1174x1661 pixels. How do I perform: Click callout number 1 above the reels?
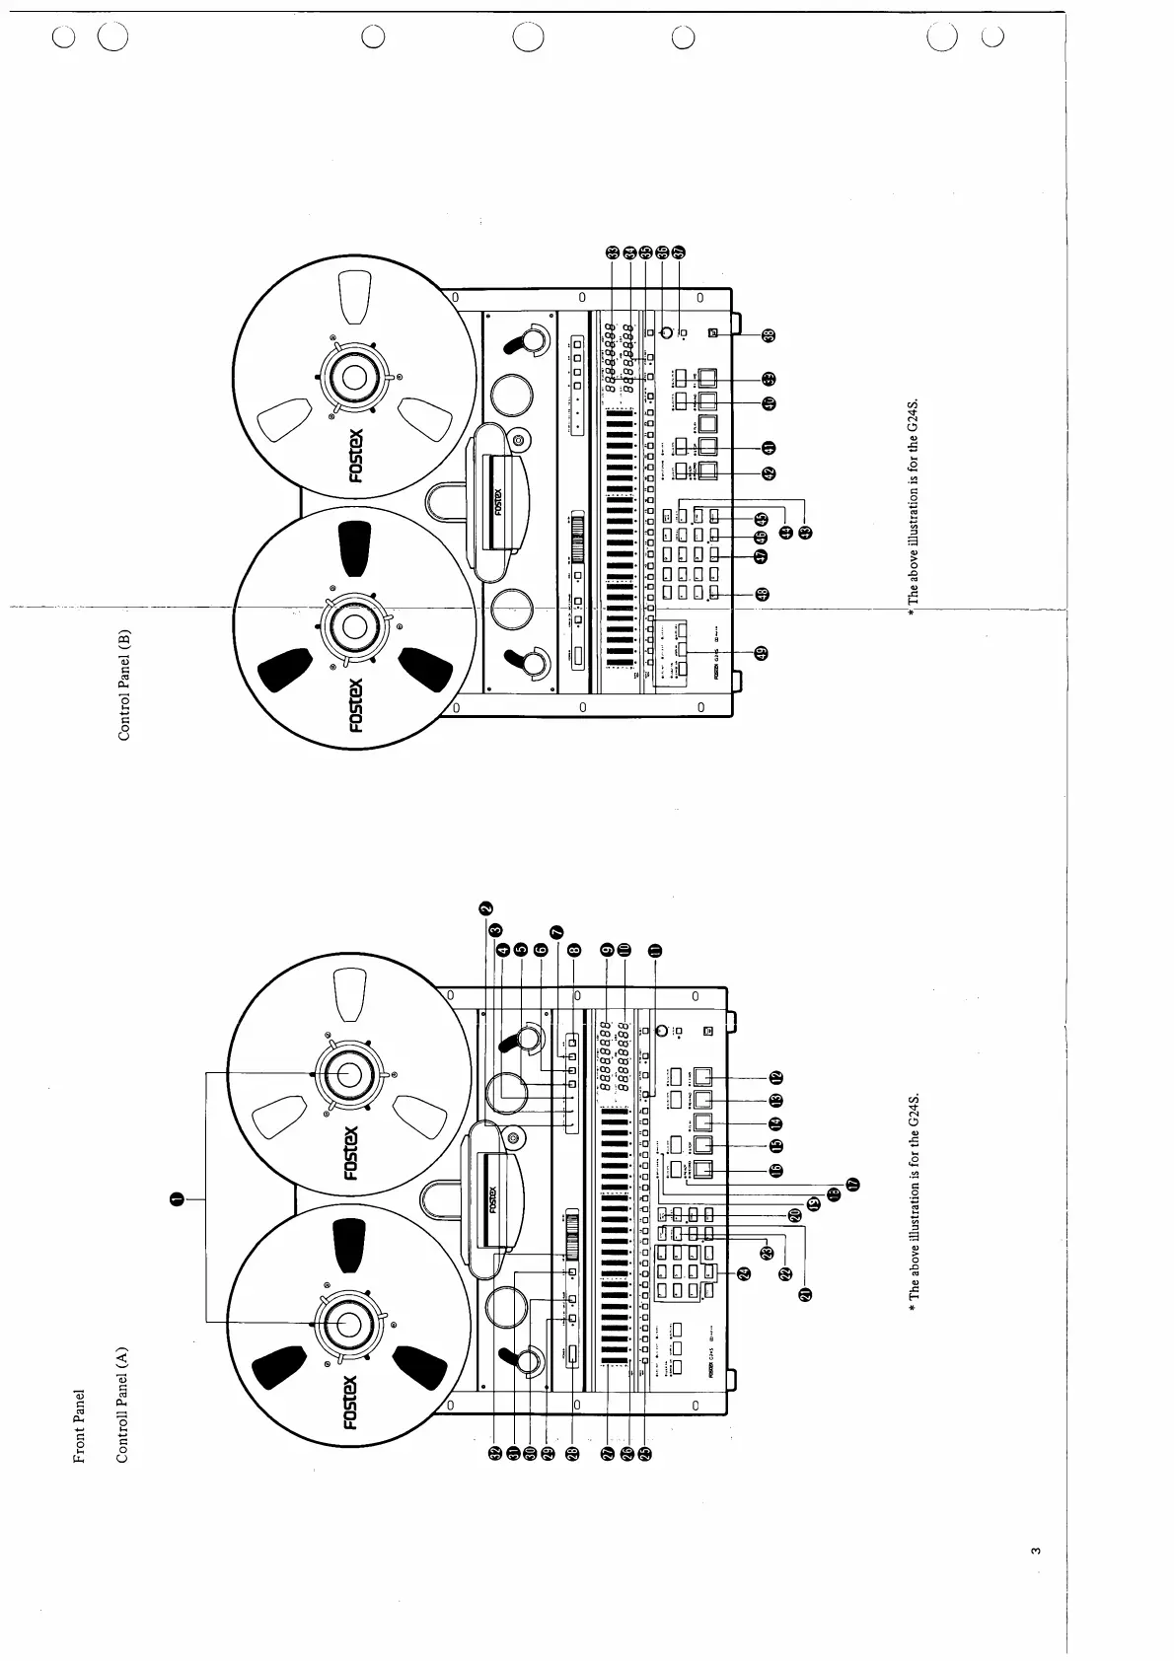177,1198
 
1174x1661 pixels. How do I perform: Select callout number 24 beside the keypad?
744,1272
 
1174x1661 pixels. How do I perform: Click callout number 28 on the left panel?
572,1452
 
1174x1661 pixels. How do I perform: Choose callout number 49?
761,652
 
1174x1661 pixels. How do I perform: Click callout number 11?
654,950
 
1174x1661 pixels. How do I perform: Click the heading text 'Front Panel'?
81,1427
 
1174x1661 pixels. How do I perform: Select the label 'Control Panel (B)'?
124,684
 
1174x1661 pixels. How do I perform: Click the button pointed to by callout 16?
702,1171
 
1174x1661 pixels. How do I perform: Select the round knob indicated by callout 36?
666,332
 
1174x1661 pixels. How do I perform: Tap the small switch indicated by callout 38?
713,334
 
